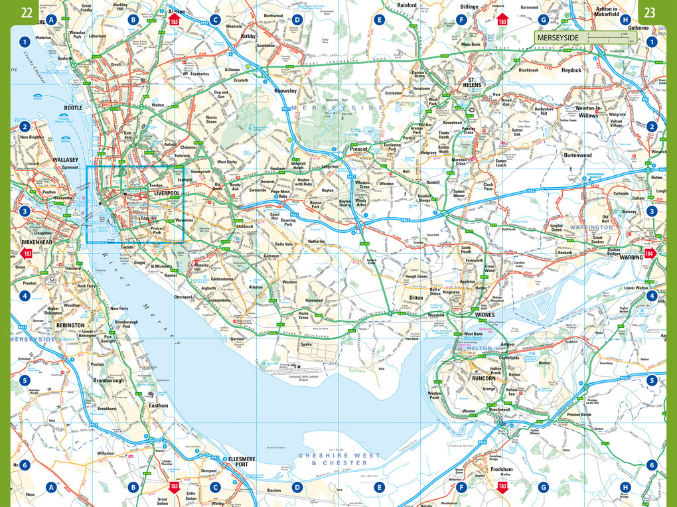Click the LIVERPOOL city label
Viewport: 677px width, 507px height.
[167, 193]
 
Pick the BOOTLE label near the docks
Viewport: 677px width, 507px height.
[72, 108]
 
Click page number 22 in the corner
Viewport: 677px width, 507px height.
[27, 12]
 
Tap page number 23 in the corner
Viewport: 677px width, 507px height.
[650, 12]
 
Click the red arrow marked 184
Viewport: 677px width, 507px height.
[649, 252]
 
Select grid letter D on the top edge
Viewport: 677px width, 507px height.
[297, 20]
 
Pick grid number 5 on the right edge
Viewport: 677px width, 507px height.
[652, 381]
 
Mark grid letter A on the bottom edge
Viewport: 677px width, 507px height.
[51, 488]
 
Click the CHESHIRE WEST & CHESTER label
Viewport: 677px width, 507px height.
[339, 459]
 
